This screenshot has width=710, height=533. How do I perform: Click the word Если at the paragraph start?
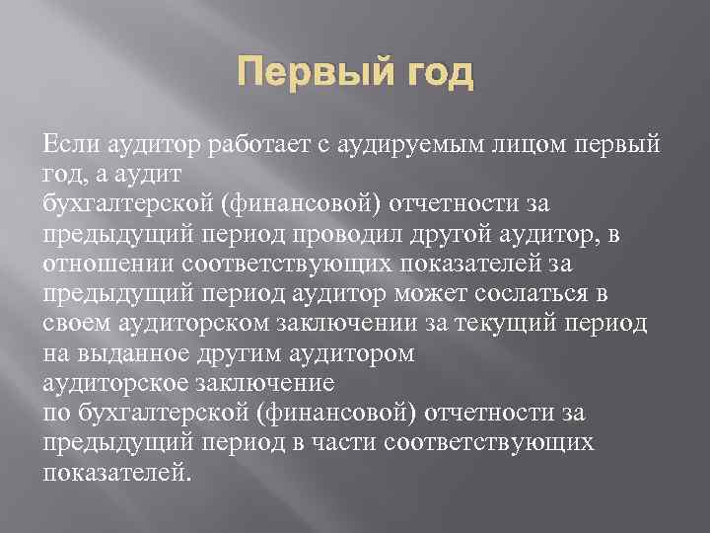point(68,146)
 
